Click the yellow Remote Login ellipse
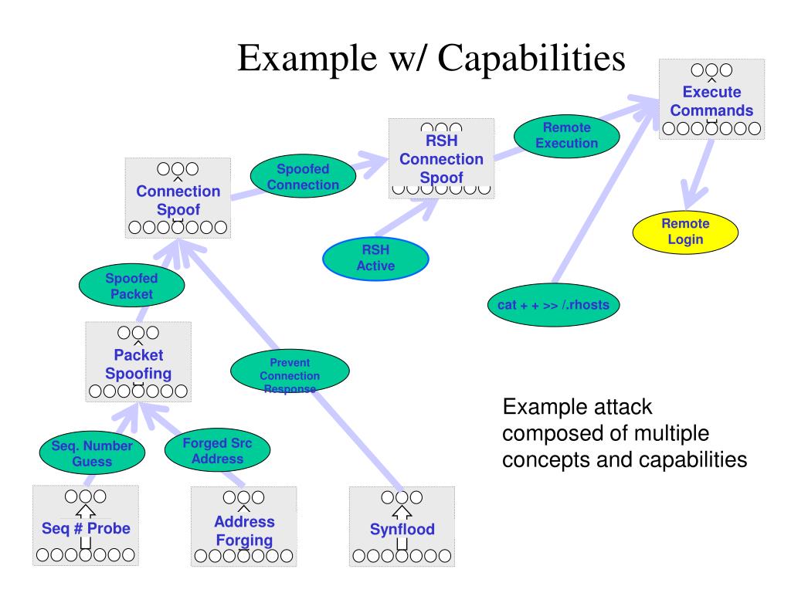(685, 232)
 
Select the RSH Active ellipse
(375, 258)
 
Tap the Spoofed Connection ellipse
(303, 176)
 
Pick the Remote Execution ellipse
(566, 136)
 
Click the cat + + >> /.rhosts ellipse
(553, 304)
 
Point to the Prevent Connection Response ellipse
(290, 371)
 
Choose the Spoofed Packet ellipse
(131, 286)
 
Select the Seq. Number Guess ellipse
(93, 452)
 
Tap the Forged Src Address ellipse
(217, 450)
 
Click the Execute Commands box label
(711, 101)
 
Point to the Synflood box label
(402, 529)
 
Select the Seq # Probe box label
(86, 528)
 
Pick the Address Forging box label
(244, 530)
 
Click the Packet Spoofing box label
(138, 364)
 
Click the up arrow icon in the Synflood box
(402, 513)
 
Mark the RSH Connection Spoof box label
(441, 159)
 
